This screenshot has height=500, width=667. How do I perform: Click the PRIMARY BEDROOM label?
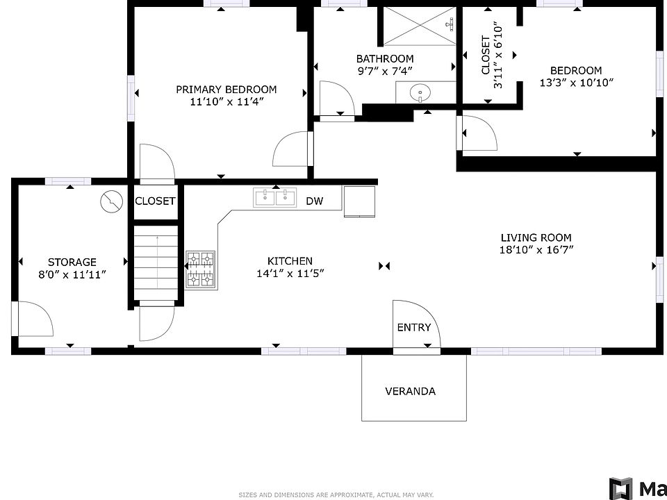coord(227,90)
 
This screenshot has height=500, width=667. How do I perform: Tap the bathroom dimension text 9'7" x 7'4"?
coord(385,71)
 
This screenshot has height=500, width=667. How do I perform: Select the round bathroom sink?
coord(420,92)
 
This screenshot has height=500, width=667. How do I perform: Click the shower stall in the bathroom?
coord(420,26)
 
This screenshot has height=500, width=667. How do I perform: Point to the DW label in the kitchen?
coord(315,201)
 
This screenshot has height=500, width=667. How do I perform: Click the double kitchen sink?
coord(276,198)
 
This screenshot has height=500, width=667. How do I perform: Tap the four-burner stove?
coord(200,269)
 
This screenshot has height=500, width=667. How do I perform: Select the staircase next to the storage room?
coord(156,262)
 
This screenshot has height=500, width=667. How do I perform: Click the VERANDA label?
coord(411,391)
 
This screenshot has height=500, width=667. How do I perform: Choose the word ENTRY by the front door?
coord(414,327)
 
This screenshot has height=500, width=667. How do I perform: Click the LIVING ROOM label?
coord(536,237)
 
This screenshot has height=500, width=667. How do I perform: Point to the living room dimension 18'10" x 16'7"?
coord(536,249)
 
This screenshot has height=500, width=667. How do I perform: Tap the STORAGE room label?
coord(72,262)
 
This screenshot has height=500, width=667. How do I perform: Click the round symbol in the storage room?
coord(111,201)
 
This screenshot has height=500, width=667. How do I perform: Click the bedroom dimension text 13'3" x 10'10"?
coord(577,83)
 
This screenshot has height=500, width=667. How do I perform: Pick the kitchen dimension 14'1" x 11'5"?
coord(290,274)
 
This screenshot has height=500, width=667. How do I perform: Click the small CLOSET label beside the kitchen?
coord(155,201)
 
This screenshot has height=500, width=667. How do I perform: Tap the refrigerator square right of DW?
coord(359,201)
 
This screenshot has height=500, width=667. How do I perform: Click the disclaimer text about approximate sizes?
coord(336,495)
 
